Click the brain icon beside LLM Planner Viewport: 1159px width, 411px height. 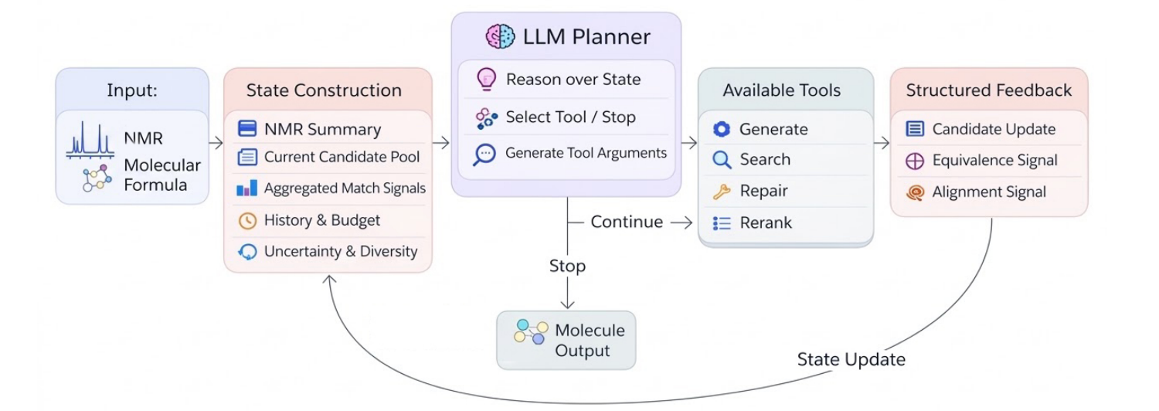(x=500, y=36)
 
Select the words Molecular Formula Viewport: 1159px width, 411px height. (x=161, y=175)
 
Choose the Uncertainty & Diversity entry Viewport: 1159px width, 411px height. (x=340, y=251)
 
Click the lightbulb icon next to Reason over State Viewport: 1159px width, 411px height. (x=486, y=79)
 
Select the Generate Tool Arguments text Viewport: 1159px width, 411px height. (x=586, y=153)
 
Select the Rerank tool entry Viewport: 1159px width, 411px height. (x=765, y=222)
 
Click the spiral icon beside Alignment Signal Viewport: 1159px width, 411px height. (x=915, y=192)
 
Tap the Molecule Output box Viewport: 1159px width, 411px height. (x=566, y=340)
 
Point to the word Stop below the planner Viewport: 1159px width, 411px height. (x=567, y=266)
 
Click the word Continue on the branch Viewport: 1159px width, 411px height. (x=627, y=222)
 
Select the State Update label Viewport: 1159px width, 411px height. (x=851, y=359)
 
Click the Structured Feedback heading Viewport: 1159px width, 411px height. (x=988, y=90)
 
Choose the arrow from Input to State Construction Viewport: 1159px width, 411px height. (x=216, y=143)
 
